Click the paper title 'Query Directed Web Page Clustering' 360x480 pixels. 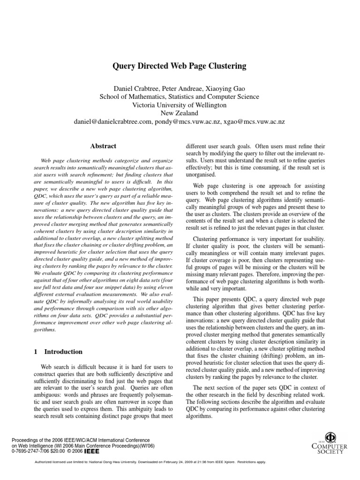[x=180, y=66]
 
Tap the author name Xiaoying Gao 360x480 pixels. [x=225, y=89]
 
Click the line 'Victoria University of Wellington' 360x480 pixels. [x=180, y=105]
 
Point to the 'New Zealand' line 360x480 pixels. [x=180, y=113]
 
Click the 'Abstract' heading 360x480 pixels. [x=103, y=146]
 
